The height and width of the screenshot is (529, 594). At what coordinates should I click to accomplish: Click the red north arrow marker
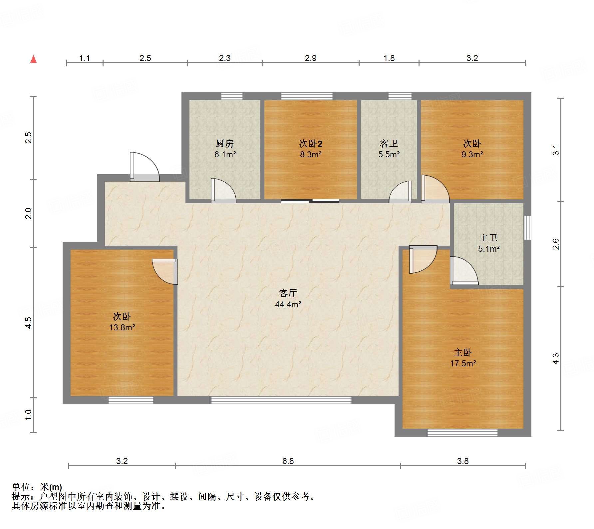click(x=33, y=59)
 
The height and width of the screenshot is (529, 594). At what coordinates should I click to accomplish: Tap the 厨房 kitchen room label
click(x=225, y=144)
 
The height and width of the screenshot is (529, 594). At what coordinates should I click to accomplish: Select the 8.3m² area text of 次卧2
click(x=310, y=155)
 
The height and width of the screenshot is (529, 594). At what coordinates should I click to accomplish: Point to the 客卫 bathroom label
click(x=389, y=144)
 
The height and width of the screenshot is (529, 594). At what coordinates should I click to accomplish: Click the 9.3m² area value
click(x=472, y=155)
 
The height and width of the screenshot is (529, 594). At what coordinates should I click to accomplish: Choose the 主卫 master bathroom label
click(x=488, y=238)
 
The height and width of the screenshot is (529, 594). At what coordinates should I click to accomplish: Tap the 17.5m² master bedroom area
click(x=463, y=364)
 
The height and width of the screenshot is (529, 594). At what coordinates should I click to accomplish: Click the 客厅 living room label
click(x=288, y=293)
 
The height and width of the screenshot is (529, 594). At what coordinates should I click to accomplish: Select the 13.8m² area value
click(x=122, y=328)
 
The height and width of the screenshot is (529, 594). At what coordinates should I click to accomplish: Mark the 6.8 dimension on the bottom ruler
click(x=288, y=461)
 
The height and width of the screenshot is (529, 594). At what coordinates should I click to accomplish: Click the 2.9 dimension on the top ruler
click(x=311, y=58)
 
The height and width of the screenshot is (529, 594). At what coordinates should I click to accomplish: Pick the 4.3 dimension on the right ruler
click(x=556, y=359)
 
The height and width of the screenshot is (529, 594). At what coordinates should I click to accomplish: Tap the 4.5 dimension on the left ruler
click(x=29, y=323)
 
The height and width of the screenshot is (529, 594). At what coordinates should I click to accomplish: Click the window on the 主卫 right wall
click(x=527, y=228)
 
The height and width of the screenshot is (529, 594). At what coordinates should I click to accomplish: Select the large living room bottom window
click(x=281, y=400)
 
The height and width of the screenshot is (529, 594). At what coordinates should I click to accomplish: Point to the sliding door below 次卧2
click(x=310, y=201)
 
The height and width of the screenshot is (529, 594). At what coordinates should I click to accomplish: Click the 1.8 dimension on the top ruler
click(x=389, y=58)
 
